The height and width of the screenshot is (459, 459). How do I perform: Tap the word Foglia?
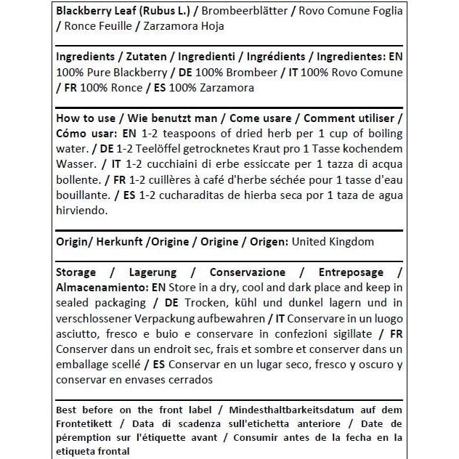(x=383, y=10)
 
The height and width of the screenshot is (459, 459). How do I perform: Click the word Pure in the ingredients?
(x=107, y=73)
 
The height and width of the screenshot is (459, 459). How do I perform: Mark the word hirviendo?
(x=81, y=211)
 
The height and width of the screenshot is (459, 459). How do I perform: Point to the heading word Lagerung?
(x=152, y=272)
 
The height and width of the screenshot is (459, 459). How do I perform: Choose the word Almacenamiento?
(x=100, y=287)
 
